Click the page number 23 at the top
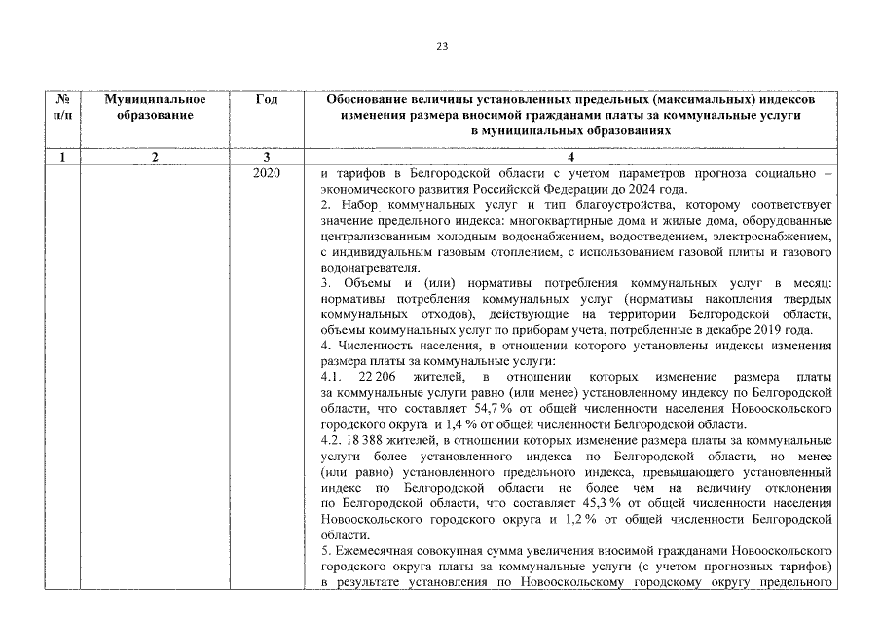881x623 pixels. (441, 46)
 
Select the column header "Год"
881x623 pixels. (266, 100)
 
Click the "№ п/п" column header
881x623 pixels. (62, 107)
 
